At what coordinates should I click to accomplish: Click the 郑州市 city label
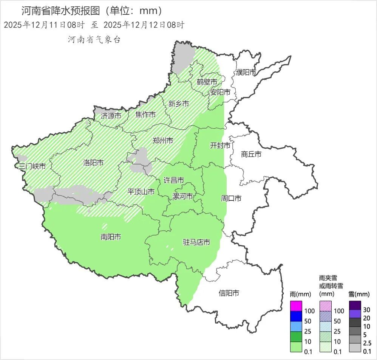tap(163, 141)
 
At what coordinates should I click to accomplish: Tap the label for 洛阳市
tap(93, 163)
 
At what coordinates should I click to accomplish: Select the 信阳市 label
tap(229, 293)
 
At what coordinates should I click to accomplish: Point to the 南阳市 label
tap(111, 237)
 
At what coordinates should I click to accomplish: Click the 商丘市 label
tap(251, 154)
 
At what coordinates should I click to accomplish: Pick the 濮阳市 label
tap(246, 72)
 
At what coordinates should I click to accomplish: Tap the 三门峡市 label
tap(32, 166)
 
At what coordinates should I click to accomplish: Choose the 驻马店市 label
tap(196, 242)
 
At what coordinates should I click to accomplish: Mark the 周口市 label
tap(231, 198)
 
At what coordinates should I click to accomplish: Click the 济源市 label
tap(111, 116)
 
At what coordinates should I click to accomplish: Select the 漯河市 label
tap(182, 196)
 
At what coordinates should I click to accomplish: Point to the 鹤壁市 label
tap(207, 82)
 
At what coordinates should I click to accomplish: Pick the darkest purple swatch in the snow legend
tap(355, 305)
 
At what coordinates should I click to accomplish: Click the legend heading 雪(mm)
tap(357, 294)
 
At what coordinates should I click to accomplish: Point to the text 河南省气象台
tap(94, 40)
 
